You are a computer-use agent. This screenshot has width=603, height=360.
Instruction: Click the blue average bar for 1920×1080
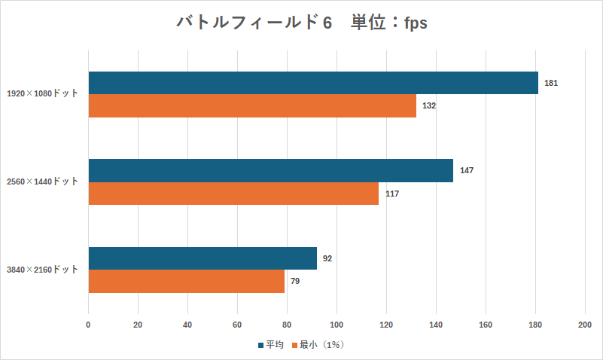coord(313,83)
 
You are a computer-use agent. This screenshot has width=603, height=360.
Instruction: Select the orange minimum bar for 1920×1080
coord(252,106)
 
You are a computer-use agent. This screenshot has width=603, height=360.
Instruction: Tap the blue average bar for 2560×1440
coord(271,170)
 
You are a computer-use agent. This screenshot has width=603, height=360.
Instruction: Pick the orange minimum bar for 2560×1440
coord(233,194)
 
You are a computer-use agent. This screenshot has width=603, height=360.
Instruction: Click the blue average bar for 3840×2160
coord(203,258)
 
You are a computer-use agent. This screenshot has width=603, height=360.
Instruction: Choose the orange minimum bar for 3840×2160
coord(187,282)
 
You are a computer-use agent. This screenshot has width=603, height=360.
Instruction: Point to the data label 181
coord(550,83)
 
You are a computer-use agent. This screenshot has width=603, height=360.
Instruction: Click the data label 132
coord(429,106)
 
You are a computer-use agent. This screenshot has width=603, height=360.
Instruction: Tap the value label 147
coord(466,170)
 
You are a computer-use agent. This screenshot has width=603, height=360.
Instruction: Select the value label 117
coord(391,194)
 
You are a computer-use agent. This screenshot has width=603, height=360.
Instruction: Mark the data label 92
coord(327,258)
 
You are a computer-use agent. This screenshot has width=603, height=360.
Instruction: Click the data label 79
coord(295,282)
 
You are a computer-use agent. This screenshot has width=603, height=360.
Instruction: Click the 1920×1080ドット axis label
coord(42,94)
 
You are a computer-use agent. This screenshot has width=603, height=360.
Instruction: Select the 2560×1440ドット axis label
coord(42,182)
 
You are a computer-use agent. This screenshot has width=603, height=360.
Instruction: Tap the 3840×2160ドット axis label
coord(42,270)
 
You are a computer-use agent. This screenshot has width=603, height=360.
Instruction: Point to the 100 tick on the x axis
coord(337,325)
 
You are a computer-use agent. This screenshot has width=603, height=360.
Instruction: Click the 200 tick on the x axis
coord(585,325)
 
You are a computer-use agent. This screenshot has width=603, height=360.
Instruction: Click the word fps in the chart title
coord(413,23)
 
